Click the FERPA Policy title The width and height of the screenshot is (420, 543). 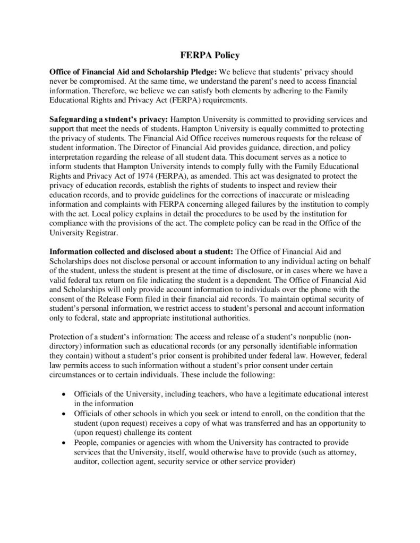pyautogui.click(x=209, y=55)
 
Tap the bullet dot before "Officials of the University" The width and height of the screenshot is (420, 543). pyautogui.click(x=64, y=395)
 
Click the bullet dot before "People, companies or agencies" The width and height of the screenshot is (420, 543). pyautogui.click(x=64, y=442)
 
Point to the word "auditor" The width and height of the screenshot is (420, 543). pyautogui.click(x=88, y=461)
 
